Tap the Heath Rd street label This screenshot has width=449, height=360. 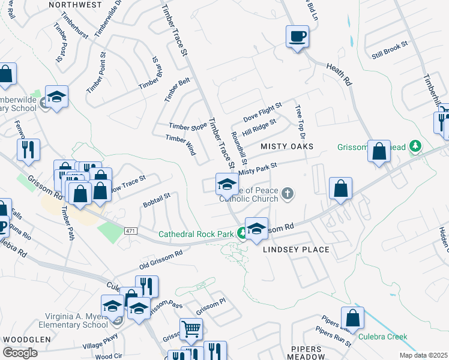point(339,74)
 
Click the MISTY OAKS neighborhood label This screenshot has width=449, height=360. point(287,146)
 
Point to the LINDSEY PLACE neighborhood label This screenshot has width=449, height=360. point(301,250)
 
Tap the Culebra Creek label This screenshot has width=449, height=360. point(383,337)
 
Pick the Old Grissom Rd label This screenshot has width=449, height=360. point(161,260)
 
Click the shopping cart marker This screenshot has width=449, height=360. point(191,329)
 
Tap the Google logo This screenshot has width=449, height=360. point(19,353)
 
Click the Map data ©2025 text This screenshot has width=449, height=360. point(423,355)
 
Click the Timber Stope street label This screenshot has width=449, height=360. point(187,126)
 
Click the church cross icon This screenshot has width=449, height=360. point(288,193)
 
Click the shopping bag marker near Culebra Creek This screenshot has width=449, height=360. point(352,319)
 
